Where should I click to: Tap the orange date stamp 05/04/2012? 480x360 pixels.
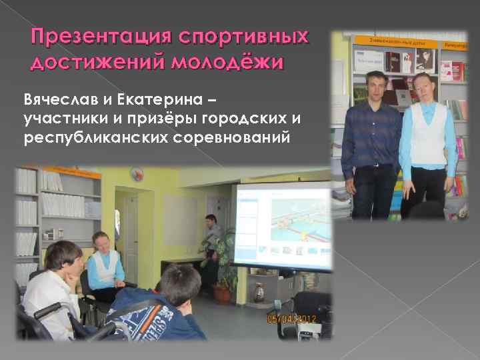pyautogui.click(x=291, y=319)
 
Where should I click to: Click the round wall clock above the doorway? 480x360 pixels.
pyautogui.click(x=138, y=175)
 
